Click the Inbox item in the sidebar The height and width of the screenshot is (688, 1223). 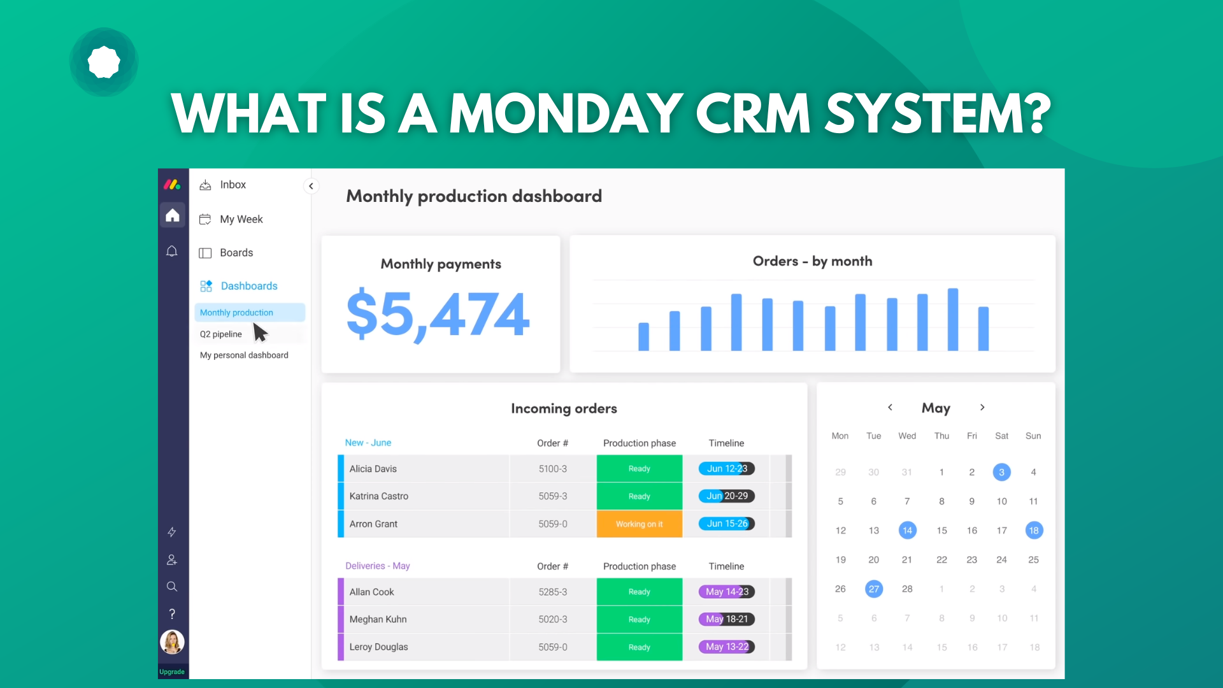[232, 185]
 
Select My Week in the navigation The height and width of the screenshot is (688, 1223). [240, 219]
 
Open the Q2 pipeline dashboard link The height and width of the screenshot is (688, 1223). [221, 334]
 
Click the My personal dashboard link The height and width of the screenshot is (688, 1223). [244, 355]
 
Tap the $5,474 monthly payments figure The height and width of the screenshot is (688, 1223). [438, 314]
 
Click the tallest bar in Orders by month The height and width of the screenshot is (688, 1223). [953, 320]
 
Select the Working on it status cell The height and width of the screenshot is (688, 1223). [639, 524]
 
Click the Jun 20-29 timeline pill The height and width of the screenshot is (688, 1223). [727, 496]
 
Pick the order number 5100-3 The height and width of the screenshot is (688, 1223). [552, 469]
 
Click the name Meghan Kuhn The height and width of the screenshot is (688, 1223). [378, 619]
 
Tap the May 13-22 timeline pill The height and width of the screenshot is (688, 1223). [727, 647]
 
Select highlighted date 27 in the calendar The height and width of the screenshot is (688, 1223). [874, 589]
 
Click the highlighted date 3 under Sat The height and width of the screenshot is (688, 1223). [1001, 472]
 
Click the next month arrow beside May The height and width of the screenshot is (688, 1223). [982, 408]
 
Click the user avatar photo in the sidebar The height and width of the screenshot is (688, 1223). [172, 642]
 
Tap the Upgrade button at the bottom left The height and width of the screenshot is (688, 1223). [172, 672]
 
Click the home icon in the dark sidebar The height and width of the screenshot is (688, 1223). [173, 215]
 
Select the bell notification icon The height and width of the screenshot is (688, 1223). [172, 251]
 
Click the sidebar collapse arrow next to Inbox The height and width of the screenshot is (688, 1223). [311, 186]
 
